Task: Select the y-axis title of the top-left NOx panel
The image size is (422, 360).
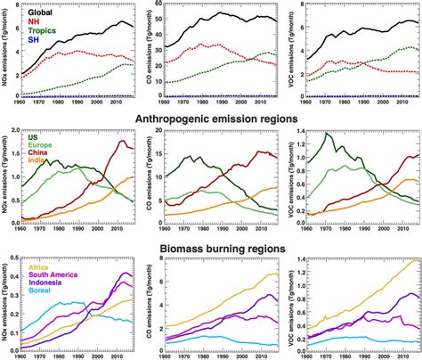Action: pos(6,49)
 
